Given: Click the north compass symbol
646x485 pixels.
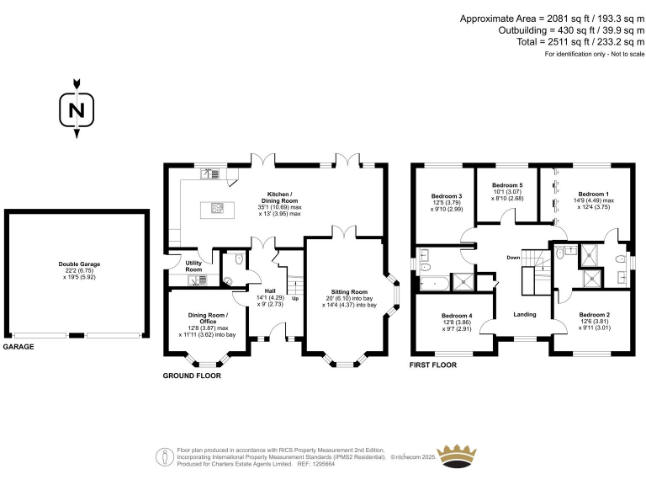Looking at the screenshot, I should point(77,109).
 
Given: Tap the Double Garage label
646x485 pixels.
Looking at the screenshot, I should point(79,264).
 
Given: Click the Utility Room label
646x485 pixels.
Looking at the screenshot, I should point(193,266).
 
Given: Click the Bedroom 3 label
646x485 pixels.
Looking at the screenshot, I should point(441,196).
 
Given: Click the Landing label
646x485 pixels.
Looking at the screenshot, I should point(525,314).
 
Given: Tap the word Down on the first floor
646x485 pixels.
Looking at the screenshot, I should point(513,257).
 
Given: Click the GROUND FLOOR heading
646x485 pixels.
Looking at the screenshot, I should point(192,376).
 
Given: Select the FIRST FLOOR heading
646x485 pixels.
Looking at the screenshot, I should point(432,365).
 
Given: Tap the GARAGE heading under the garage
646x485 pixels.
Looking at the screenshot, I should point(19,347).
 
